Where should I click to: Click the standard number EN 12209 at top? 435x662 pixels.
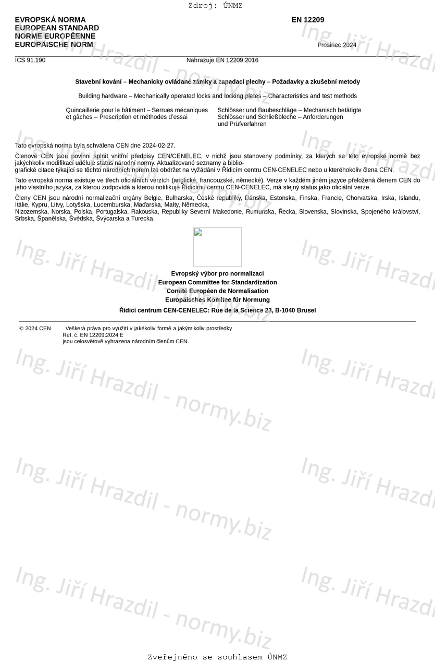click(x=307, y=20)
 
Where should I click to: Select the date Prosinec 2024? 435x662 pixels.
click(x=337, y=45)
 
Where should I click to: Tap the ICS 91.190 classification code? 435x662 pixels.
click(x=30, y=60)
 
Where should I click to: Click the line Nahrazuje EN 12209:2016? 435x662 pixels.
click(x=222, y=60)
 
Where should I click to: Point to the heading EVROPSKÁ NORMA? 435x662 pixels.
click(x=50, y=20)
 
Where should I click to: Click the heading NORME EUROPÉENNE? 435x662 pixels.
click(x=55, y=37)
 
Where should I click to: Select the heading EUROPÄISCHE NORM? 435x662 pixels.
click(x=54, y=45)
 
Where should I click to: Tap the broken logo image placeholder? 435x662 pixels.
click(x=217, y=247)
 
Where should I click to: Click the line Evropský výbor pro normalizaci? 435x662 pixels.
click(x=217, y=273)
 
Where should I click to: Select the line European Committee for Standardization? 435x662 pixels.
click(x=217, y=282)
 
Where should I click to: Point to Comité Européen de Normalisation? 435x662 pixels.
click(x=217, y=291)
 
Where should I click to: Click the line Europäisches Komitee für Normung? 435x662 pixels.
click(x=217, y=300)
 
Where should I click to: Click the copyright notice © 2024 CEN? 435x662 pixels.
click(x=35, y=328)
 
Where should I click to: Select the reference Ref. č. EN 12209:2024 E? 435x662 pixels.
click(x=93, y=335)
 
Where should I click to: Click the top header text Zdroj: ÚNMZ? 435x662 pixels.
click(x=216, y=6)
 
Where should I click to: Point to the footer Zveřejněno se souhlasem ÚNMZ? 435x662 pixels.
click(x=217, y=657)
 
